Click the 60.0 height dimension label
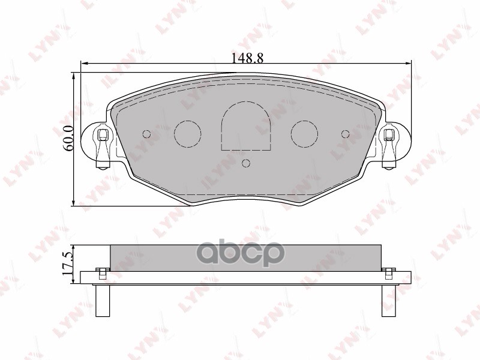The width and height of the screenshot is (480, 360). point(68,137)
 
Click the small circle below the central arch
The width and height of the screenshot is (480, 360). point(246,163)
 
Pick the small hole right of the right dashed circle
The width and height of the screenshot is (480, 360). point(345,134)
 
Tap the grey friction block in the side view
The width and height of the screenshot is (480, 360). point(246,256)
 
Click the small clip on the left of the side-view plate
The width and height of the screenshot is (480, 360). point(102,273)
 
